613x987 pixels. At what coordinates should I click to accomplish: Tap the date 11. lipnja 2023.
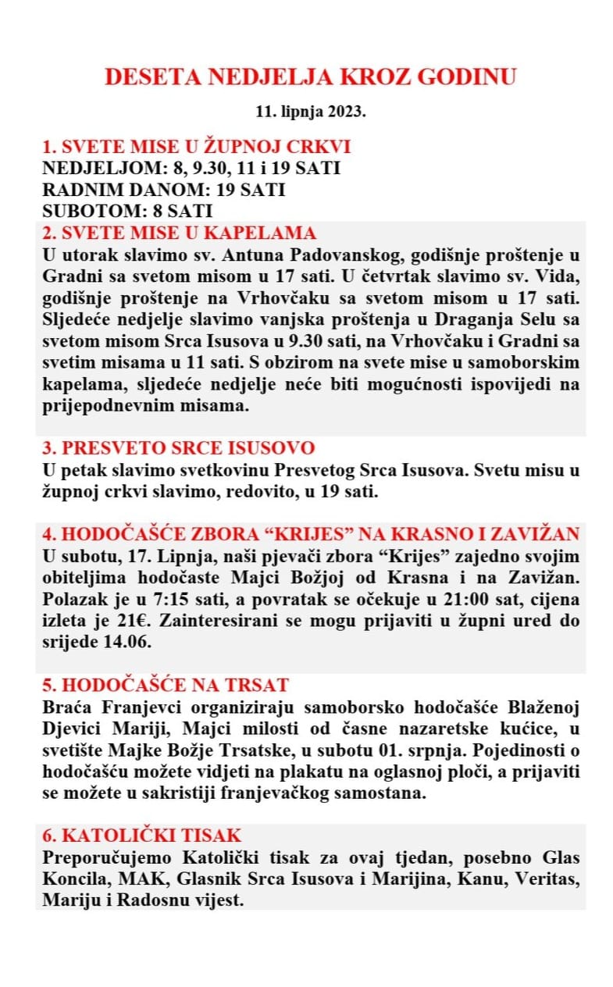click(x=311, y=112)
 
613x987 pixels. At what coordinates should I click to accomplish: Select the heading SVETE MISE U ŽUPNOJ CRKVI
click(x=196, y=147)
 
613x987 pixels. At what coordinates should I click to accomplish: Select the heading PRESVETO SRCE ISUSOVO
click(x=179, y=448)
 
